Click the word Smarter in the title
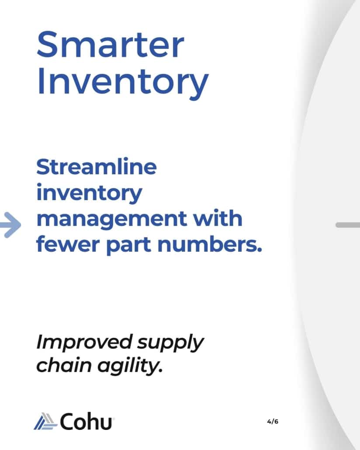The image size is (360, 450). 111,45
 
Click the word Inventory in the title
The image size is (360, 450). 123,83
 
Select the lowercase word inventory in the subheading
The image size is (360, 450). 89,194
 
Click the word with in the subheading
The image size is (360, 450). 218,218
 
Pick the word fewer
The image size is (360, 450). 68,244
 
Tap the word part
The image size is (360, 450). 129,246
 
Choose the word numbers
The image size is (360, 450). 210,244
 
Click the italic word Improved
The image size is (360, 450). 84,343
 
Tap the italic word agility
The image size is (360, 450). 130,366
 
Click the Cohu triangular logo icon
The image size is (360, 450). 45,421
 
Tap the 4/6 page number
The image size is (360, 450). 273,422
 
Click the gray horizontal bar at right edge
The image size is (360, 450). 348,225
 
